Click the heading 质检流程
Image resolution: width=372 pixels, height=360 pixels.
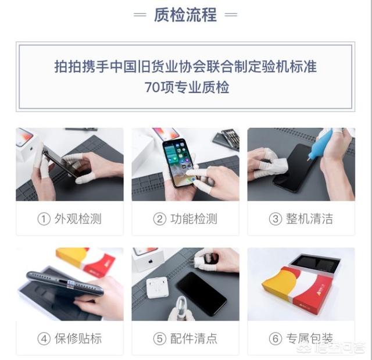(185, 15)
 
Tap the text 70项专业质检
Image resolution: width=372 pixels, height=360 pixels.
(187, 87)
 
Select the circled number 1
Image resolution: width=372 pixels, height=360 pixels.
(44, 219)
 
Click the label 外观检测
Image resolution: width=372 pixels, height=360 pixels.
(78, 219)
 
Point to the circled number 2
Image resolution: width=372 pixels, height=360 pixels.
(159, 219)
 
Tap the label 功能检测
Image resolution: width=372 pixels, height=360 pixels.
(194, 219)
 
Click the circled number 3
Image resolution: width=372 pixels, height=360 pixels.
(275, 219)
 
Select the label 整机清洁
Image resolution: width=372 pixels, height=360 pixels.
(309, 219)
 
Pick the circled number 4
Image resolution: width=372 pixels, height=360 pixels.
(44, 338)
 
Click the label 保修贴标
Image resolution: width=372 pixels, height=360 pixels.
(78, 338)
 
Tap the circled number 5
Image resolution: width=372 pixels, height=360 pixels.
(159, 338)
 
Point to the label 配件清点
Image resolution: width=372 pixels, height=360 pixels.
(194, 338)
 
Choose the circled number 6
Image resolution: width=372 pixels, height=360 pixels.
(275, 338)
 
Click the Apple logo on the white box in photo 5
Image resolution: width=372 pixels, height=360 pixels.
(150, 262)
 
